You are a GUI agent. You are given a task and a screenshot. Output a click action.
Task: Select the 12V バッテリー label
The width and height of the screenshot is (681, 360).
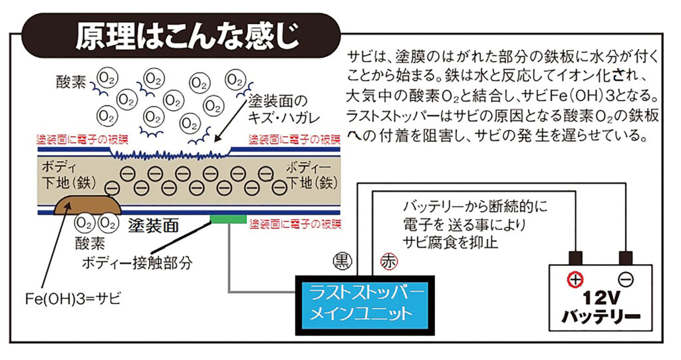click(601, 308)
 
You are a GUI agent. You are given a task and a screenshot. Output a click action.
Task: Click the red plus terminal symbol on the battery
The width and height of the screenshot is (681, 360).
click(575, 279)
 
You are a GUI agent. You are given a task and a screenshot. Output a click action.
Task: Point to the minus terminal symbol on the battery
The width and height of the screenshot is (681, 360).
click(625, 279)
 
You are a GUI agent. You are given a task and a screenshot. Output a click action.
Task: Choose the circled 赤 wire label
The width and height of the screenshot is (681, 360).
click(388, 262)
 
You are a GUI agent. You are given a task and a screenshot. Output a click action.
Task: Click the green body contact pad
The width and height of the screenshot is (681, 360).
click(229, 218)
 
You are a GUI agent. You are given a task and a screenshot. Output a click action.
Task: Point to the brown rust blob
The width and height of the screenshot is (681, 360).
click(87, 205)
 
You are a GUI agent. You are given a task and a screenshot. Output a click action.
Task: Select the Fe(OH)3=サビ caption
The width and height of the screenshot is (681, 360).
click(73, 299)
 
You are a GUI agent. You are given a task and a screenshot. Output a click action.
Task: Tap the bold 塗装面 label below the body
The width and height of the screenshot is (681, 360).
click(154, 226)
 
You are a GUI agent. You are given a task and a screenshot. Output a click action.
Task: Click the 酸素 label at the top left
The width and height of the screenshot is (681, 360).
click(71, 82)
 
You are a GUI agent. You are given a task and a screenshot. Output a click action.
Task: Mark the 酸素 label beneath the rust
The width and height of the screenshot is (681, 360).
click(90, 243)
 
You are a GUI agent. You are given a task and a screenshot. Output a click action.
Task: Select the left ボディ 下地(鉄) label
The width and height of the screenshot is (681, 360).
click(69, 176)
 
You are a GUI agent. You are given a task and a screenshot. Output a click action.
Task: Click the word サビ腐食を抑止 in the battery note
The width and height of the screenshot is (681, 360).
click(450, 242)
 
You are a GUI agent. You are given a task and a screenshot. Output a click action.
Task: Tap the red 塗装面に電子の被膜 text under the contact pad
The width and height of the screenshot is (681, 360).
click(295, 224)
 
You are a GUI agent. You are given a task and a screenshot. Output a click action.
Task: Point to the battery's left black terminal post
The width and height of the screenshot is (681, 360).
click(575, 258)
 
